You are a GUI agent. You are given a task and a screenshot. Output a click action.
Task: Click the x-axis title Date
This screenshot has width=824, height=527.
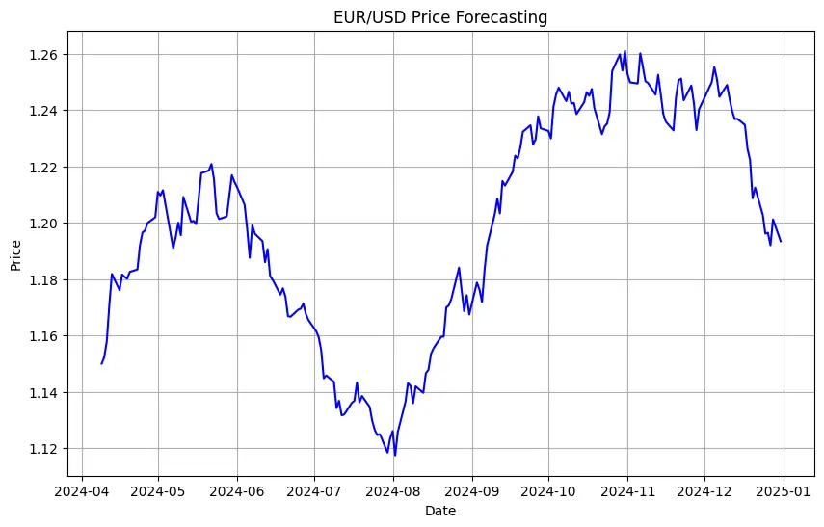tap(440, 511)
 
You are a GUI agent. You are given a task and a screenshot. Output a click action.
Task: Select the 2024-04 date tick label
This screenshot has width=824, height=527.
tap(81, 489)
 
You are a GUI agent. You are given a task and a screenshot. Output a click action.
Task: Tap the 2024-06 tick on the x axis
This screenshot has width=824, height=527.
tap(237, 489)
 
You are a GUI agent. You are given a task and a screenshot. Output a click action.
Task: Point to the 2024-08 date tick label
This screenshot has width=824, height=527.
tap(393, 489)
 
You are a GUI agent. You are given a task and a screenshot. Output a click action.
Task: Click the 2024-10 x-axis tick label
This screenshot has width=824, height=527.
tap(549, 489)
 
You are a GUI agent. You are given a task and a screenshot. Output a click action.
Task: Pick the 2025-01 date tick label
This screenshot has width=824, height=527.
tap(784, 489)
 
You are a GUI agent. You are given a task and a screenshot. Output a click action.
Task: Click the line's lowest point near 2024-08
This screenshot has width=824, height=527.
tap(395, 455)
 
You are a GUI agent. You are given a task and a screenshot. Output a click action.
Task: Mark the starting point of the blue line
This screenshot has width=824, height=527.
tap(101, 363)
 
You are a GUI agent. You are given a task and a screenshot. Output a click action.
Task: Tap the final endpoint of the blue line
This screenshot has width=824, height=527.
tap(781, 242)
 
